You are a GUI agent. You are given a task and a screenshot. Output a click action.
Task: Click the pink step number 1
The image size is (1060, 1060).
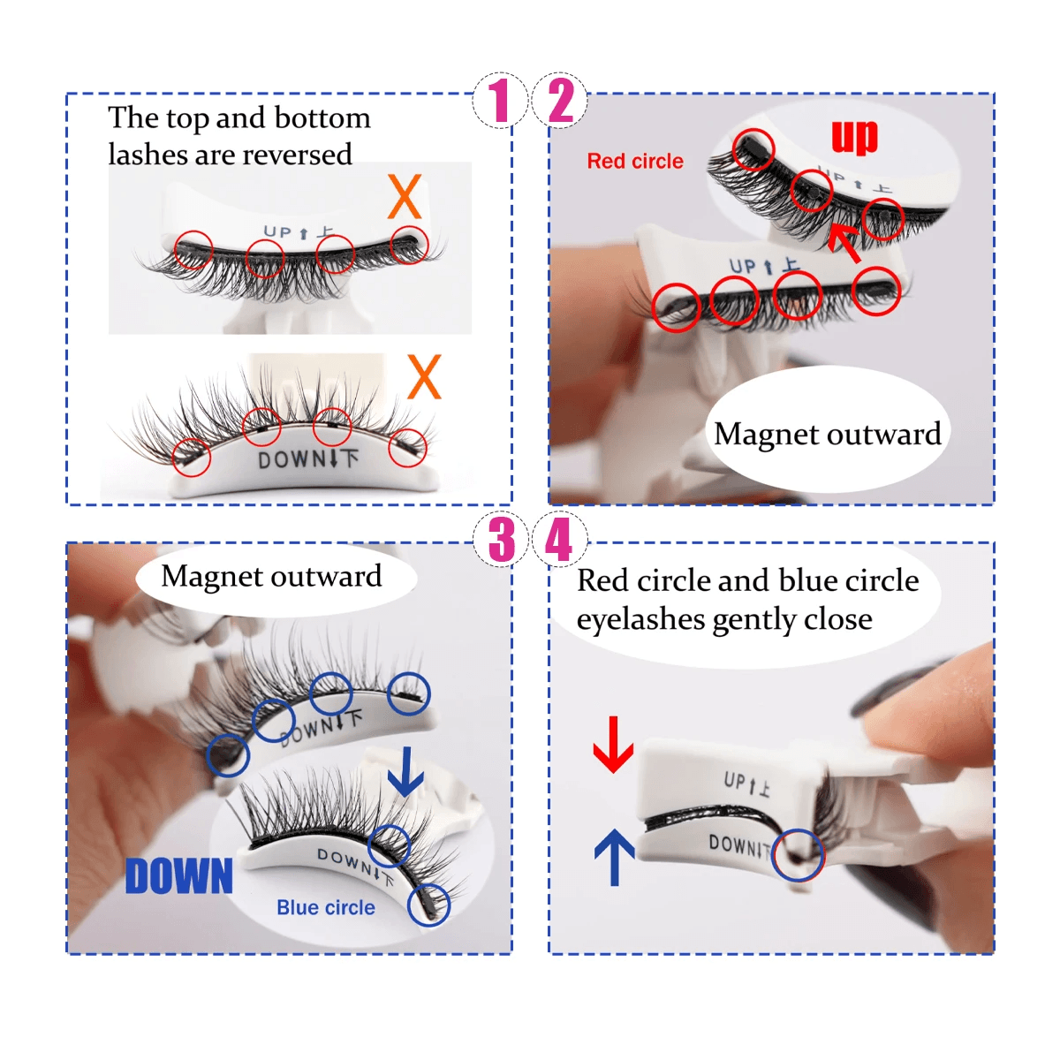click(500, 100)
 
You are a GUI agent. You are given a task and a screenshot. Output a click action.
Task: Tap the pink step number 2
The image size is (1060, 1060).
click(561, 100)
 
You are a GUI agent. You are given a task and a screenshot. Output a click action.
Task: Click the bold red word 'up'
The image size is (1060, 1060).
click(853, 136)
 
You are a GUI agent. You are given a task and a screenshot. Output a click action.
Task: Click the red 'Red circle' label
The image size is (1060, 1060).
click(635, 161)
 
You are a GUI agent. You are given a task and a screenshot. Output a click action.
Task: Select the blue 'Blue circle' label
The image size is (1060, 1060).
click(326, 907)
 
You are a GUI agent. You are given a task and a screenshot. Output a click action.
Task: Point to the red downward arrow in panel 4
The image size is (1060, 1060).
click(613, 745)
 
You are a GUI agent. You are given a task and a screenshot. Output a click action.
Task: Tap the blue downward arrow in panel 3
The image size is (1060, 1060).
click(405, 771)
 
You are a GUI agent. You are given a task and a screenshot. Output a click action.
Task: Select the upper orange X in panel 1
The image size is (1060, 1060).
click(405, 196)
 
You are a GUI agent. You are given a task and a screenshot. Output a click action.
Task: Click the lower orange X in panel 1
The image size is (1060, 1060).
click(424, 376)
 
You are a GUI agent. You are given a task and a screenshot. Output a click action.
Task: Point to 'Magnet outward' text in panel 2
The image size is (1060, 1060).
click(828, 434)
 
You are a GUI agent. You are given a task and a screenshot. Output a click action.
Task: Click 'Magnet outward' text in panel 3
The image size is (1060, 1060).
click(271, 577)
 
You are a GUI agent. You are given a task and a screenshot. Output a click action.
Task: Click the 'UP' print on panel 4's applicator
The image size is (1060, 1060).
click(734, 779)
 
